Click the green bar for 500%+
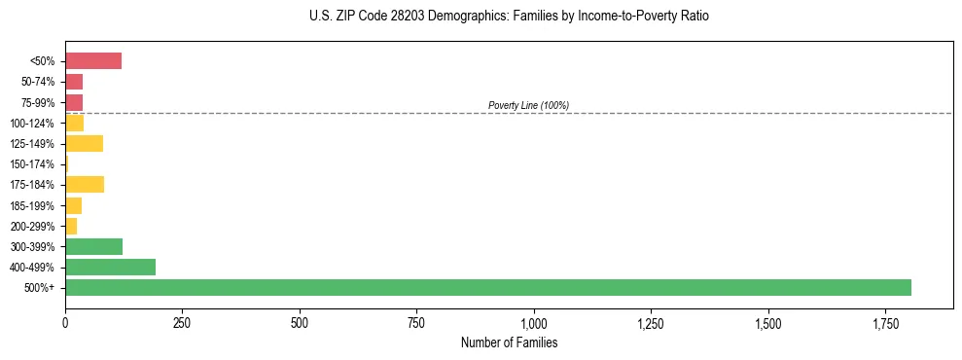click(x=487, y=287)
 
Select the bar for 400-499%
click(x=110, y=267)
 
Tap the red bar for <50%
click(x=93, y=61)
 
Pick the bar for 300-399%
click(x=93, y=246)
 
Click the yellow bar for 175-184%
click(x=85, y=184)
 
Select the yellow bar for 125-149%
click(x=84, y=143)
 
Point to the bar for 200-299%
click(x=71, y=226)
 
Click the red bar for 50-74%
click(x=74, y=82)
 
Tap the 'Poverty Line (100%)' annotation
click(x=528, y=105)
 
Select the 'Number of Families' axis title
click(x=509, y=342)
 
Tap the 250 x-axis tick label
click(x=182, y=322)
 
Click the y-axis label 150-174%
click(x=32, y=164)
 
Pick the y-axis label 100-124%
click(x=32, y=124)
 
